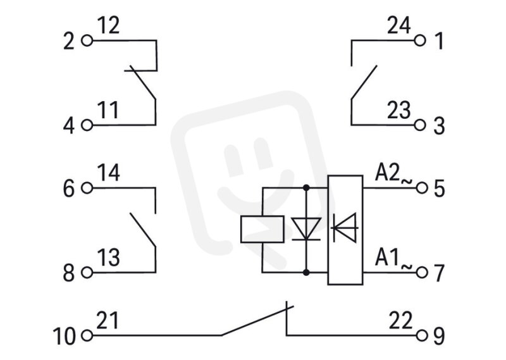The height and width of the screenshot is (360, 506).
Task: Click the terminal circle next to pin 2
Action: pyautogui.click(x=87, y=41)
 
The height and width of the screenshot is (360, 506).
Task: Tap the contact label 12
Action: pyautogui.click(x=108, y=25)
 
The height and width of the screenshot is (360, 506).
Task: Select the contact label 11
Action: pyautogui.click(x=108, y=110)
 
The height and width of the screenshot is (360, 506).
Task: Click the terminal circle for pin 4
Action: pyautogui.click(x=87, y=125)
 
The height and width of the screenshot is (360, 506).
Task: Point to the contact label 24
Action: pyautogui.click(x=399, y=25)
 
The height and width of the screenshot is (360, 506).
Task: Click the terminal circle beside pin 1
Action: pyautogui.click(x=420, y=40)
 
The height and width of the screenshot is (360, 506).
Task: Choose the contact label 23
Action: pyautogui.click(x=399, y=110)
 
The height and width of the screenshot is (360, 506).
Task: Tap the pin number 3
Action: pyautogui.click(x=439, y=126)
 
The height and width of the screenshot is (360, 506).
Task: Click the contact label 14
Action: pyautogui.click(x=108, y=173)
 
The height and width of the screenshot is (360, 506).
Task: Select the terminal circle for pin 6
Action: pyautogui.click(x=87, y=187)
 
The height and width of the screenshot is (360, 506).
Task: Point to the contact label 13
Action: pyautogui.click(x=108, y=258)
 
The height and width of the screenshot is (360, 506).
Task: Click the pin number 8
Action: pyautogui.click(x=68, y=273)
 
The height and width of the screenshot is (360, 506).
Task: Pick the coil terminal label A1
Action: pyautogui.click(x=386, y=258)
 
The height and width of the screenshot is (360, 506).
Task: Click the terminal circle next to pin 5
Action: pyautogui.click(x=422, y=187)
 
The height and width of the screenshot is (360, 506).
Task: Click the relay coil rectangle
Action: pyautogui.click(x=262, y=229)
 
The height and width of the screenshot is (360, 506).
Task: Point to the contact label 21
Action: pyautogui.click(x=108, y=320)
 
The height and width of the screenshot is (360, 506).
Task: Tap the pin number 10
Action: pyautogui.click(x=64, y=336)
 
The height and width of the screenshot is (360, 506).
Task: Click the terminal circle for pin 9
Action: pyautogui.click(x=422, y=335)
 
